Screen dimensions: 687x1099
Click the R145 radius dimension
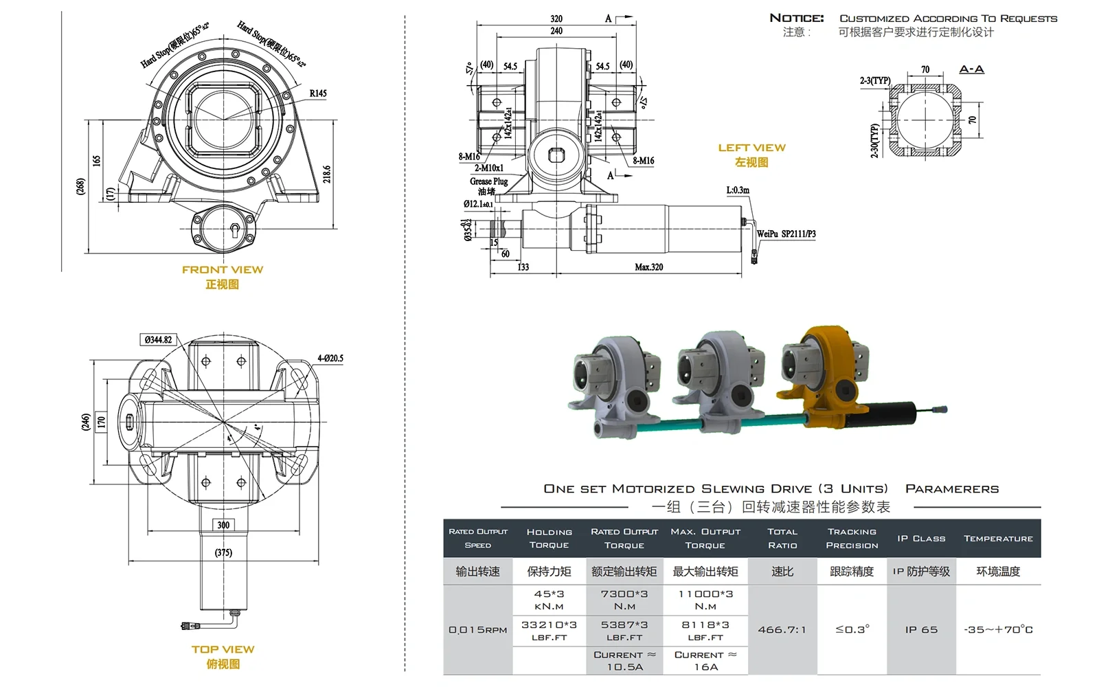pos(318,93)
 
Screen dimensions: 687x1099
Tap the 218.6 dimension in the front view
pos(327,174)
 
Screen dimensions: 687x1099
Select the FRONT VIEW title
pos(223,270)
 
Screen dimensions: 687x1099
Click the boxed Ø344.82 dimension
pos(159,339)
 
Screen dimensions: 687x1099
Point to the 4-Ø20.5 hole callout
pos(330,358)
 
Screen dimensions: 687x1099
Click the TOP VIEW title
pos(223,649)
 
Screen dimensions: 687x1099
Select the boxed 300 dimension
pos(223,525)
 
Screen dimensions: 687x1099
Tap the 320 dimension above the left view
pos(556,19)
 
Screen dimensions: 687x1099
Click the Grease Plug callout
pos(489,181)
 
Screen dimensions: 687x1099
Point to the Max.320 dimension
pos(648,267)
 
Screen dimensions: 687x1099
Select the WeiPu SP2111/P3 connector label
pos(786,234)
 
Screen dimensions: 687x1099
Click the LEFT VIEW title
pos(751,148)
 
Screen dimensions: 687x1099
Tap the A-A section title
pos(971,69)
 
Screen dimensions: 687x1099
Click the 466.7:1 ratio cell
pos(782,629)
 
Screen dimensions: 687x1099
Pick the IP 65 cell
pos(921,629)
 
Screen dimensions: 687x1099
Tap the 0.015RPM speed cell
pos(477,629)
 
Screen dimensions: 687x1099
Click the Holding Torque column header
pos(549,538)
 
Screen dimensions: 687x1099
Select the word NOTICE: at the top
pos(796,19)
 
